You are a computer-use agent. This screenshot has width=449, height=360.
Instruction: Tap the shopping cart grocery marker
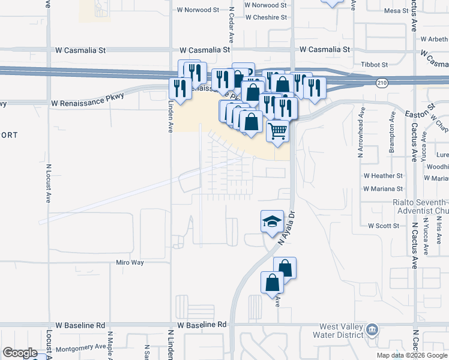point(277,130)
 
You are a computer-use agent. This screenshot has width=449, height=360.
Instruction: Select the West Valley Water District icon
point(372,329)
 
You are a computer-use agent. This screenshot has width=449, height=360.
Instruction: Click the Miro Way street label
point(130,263)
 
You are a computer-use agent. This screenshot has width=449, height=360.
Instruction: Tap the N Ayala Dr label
point(288,223)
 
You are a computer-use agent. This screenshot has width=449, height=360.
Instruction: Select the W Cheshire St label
point(267,17)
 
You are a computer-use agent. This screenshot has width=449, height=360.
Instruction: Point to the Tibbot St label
point(374,64)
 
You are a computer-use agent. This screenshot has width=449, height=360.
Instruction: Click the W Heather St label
point(383,176)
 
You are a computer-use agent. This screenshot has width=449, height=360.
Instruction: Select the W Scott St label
point(383,226)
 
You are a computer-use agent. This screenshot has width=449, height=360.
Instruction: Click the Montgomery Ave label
point(81,347)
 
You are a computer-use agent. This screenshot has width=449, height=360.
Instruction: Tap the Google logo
point(20,353)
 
